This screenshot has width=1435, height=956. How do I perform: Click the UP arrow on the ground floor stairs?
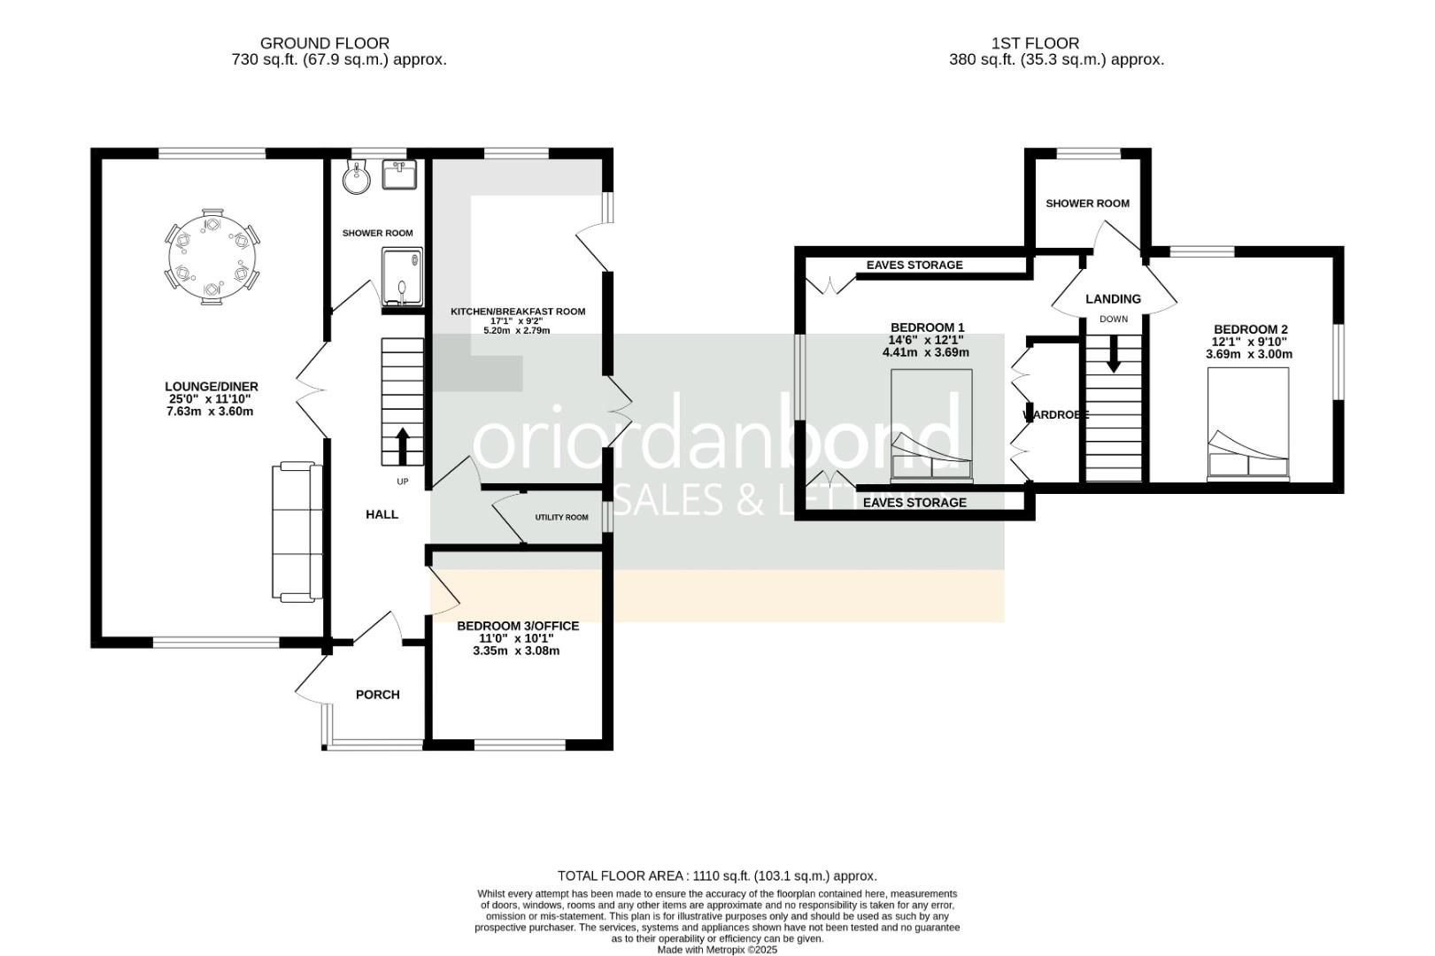click(x=403, y=446)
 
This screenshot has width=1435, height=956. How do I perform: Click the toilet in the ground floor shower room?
click(x=358, y=178)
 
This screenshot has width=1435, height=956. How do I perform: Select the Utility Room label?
click(x=561, y=517)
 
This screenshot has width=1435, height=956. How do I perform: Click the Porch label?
click(x=378, y=695)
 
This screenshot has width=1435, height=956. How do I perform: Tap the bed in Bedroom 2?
click(x=1248, y=425)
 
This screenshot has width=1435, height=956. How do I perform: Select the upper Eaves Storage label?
click(x=914, y=265)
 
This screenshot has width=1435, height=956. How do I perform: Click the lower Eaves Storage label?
click(x=914, y=503)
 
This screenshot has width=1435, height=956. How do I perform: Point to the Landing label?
click(x=1113, y=299)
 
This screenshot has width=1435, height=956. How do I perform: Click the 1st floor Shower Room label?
click(x=1087, y=204)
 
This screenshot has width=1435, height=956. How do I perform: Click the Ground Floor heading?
click(x=324, y=42)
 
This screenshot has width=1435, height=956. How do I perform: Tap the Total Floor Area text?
click(x=717, y=875)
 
